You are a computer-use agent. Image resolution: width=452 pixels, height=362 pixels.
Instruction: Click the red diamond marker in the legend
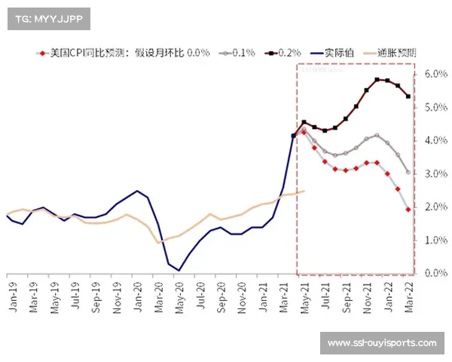(x=43, y=53)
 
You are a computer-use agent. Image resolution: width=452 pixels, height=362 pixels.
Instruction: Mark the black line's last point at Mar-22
(x=408, y=96)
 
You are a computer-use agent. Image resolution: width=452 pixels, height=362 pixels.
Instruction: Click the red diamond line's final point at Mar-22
(x=408, y=210)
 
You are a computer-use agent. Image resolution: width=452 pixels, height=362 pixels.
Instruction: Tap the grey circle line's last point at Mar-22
(x=408, y=172)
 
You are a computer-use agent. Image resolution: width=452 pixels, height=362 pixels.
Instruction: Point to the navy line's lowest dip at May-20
(x=179, y=269)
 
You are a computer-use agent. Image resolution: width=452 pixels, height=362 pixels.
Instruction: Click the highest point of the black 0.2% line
(x=377, y=79)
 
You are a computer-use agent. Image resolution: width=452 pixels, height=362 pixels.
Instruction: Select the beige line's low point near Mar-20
(x=158, y=242)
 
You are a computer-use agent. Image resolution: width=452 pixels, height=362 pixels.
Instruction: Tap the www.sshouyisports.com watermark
(x=382, y=343)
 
